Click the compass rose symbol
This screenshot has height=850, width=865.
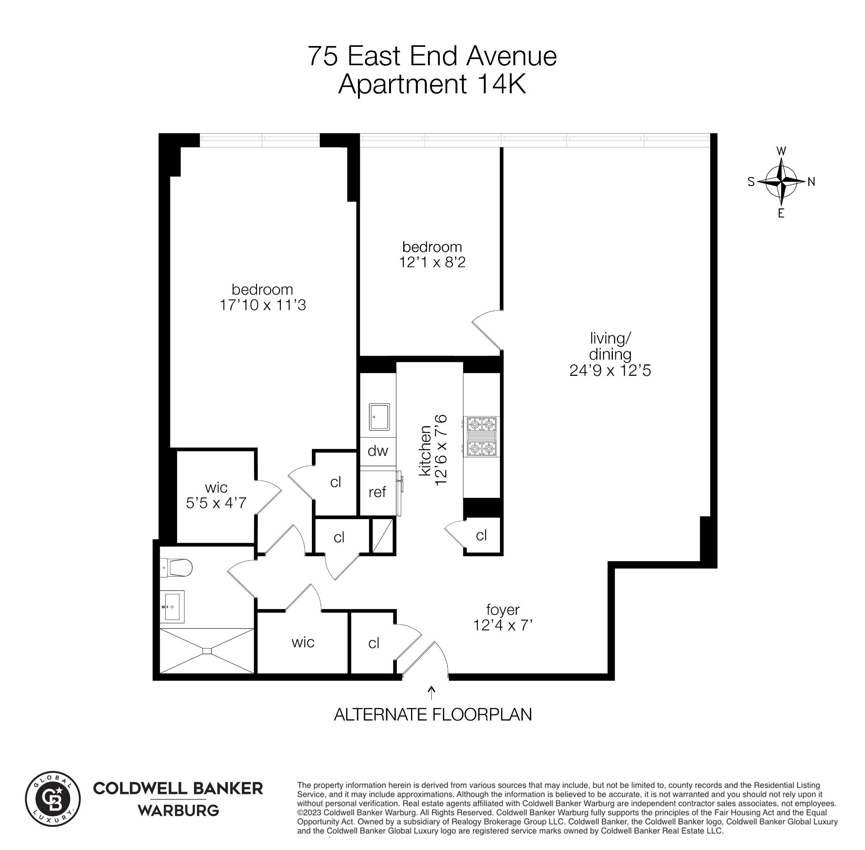[781, 182]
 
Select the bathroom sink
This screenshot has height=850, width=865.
[172, 606]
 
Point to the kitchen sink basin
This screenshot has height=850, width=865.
[379, 416]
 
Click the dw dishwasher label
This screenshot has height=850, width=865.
[378, 451]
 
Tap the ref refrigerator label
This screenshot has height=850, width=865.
[377, 492]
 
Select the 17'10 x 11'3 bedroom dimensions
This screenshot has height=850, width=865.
[262, 305]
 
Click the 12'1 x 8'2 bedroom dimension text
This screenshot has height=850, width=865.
[432, 262]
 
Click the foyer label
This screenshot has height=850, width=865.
[503, 610]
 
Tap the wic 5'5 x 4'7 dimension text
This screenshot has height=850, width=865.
[216, 503]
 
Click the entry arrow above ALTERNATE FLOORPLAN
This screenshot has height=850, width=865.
[431, 693]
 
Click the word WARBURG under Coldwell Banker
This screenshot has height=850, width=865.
[178, 810]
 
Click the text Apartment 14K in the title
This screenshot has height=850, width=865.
[432, 84]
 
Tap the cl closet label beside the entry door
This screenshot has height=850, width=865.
[374, 643]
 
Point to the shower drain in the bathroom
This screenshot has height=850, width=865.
[207, 651]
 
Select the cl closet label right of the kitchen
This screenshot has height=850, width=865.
[481, 535]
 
